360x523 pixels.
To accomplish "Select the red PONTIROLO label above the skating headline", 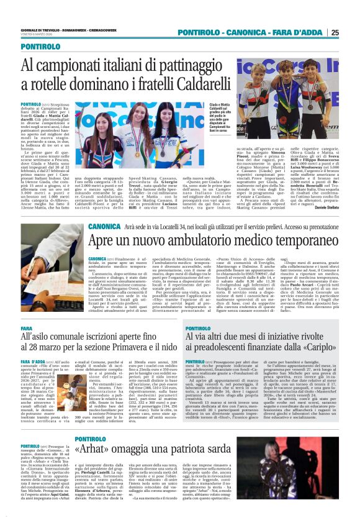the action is (40, 47).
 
